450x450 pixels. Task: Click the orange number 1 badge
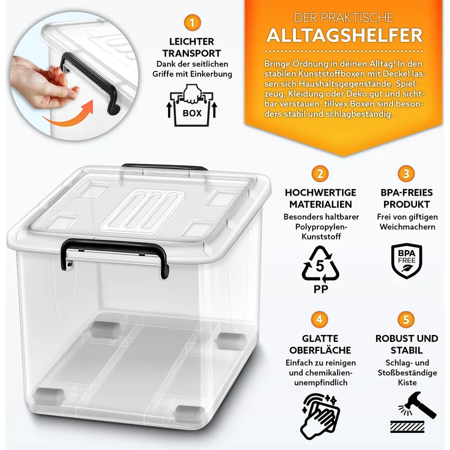tap(193, 24)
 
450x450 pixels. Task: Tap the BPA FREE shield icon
tap(405, 261)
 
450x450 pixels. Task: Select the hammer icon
tap(413, 408)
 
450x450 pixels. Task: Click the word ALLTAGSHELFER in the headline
tap(344, 35)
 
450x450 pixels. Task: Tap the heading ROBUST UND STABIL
tap(407, 344)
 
